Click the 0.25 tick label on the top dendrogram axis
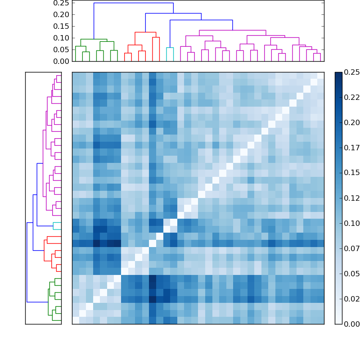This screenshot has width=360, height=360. (x=61, y=3)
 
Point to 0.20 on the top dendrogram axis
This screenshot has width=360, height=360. (x=61, y=14)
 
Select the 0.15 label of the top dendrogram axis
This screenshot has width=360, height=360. (x=61, y=26)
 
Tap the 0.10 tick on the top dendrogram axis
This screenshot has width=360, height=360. (x=61, y=38)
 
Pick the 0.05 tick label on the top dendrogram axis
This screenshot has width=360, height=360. (x=61, y=49)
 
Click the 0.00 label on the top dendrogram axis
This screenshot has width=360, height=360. (x=61, y=61)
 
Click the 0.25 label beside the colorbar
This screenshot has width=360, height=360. (x=351, y=72)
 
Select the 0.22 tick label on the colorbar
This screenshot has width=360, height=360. (x=351, y=97)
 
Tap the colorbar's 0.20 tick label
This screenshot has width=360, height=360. (x=351, y=122)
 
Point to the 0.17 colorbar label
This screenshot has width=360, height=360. (x=351, y=148)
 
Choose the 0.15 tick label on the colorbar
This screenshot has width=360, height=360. (x=351, y=173)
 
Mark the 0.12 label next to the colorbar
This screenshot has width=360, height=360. (x=351, y=198)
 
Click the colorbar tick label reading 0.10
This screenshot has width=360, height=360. (x=351, y=223)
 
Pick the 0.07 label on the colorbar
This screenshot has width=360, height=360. (x=351, y=248)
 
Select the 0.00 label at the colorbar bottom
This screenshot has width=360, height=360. (x=351, y=324)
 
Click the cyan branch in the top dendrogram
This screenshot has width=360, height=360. (x=170, y=48)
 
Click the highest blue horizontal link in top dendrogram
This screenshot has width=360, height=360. (x=133, y=3)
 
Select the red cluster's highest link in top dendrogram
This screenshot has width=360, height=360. (x=145, y=32)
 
